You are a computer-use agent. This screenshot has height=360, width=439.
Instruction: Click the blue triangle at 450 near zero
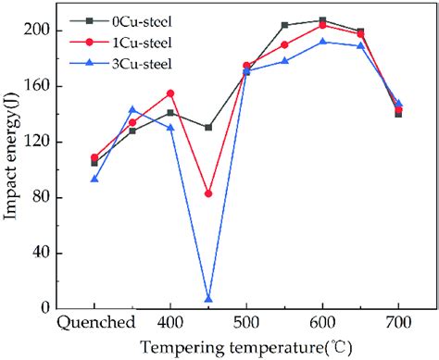(208, 299)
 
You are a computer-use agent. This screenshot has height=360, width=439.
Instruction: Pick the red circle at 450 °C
(208, 193)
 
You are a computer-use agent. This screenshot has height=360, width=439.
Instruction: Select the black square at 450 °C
(208, 127)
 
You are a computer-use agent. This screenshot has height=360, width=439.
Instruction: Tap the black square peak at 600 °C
(322, 19)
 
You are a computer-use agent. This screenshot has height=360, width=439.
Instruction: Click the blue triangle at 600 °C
(322, 42)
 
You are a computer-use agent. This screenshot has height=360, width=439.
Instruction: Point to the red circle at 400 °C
(170, 93)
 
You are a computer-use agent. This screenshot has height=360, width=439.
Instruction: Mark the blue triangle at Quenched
(94, 179)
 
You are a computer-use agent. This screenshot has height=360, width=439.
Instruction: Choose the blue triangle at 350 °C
(132, 109)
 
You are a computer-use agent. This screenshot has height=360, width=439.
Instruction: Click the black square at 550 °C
(284, 25)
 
